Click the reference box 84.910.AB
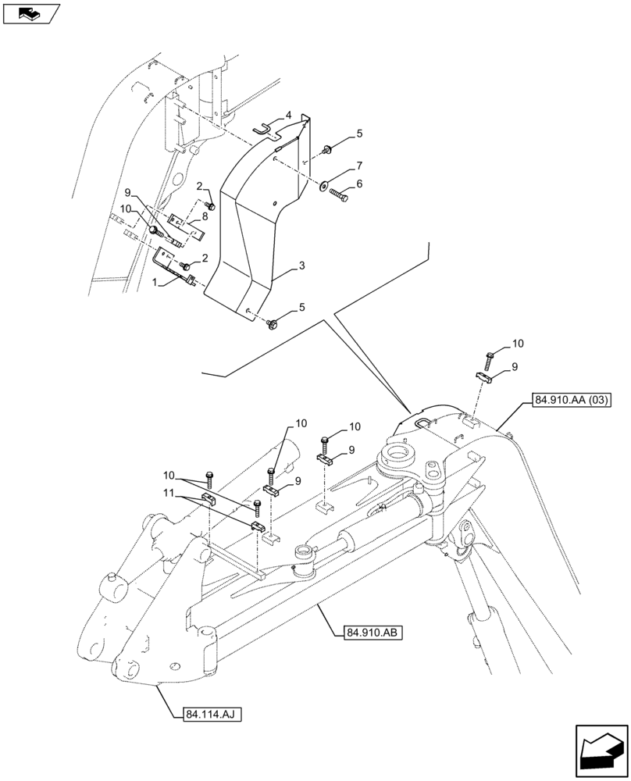[x=372, y=633]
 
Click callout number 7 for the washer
[x=359, y=166]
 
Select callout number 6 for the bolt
[x=358, y=184]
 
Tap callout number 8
[x=205, y=215]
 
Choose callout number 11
[x=169, y=494]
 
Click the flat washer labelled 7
[x=323, y=185]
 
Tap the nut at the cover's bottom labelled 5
[x=273, y=323]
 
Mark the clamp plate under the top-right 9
[x=487, y=377]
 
